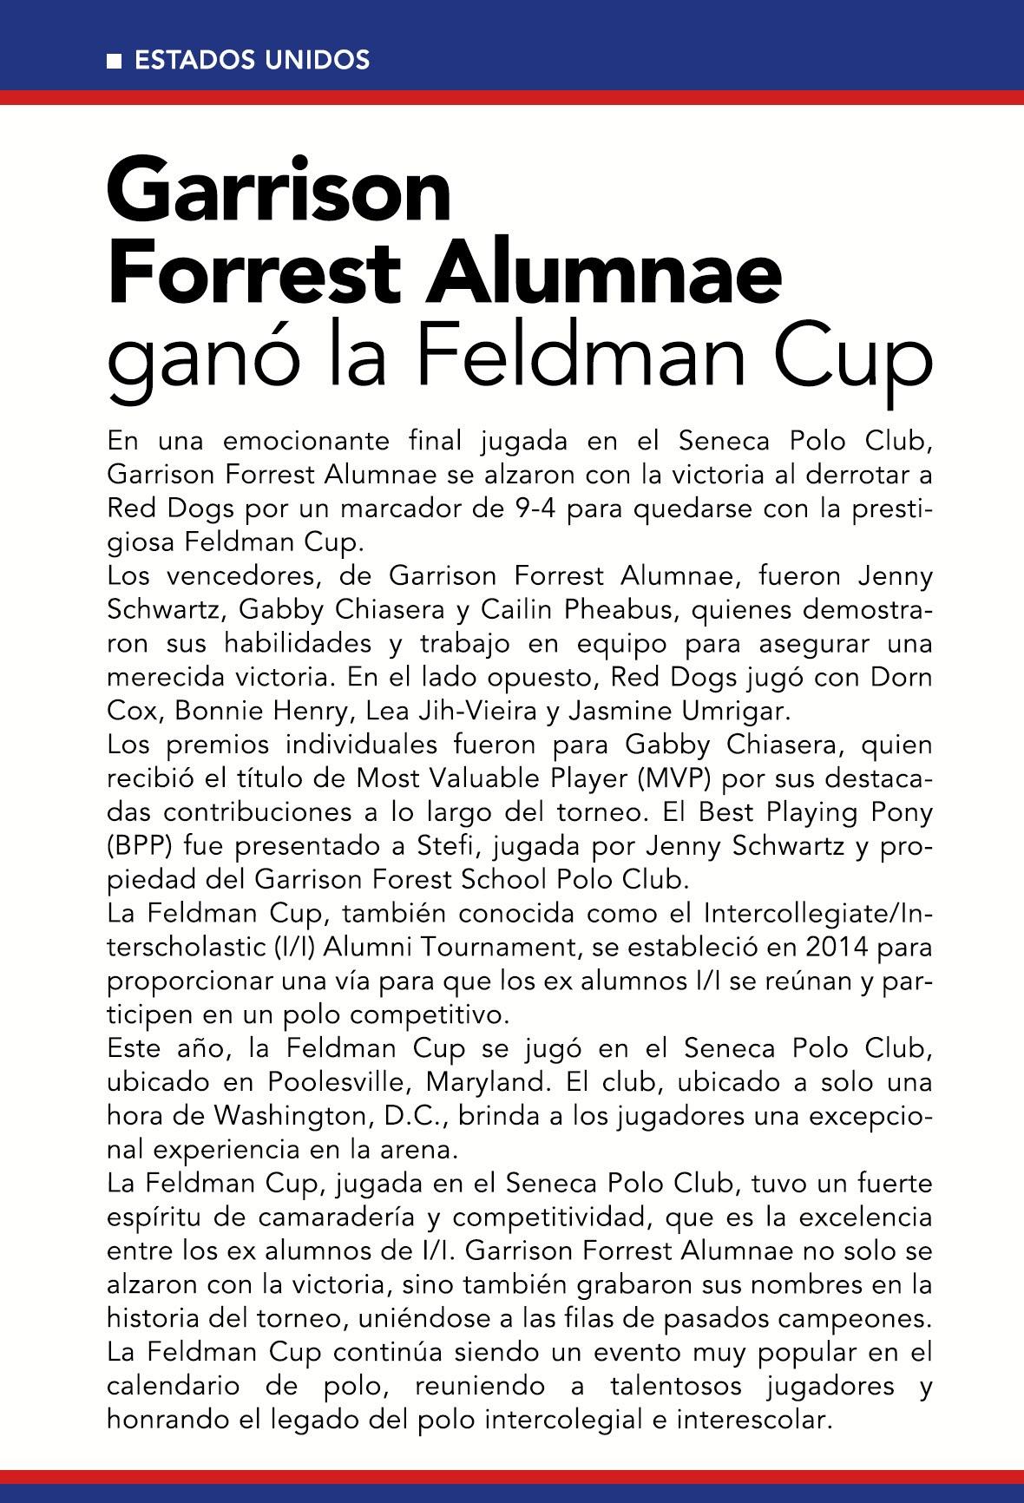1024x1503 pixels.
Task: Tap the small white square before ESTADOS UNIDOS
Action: (x=114, y=62)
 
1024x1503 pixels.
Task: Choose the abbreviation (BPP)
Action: (x=139, y=846)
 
